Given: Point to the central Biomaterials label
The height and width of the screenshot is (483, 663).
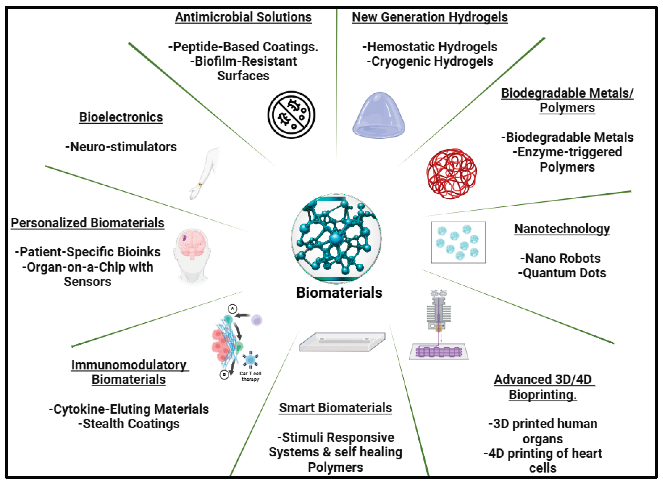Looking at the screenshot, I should click(339, 292).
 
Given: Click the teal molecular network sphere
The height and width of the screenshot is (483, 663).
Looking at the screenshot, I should click(336, 238).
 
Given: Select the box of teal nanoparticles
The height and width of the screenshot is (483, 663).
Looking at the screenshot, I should click(458, 242).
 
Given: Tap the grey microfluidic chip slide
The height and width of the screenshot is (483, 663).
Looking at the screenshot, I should click(342, 342).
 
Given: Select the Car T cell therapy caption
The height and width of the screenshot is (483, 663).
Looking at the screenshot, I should click(250, 376).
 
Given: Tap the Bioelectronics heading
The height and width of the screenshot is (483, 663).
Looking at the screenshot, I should click(121, 117).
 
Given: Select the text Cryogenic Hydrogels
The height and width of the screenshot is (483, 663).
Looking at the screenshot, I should click(430, 61).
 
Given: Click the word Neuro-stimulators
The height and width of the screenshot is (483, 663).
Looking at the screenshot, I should click(121, 147).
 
